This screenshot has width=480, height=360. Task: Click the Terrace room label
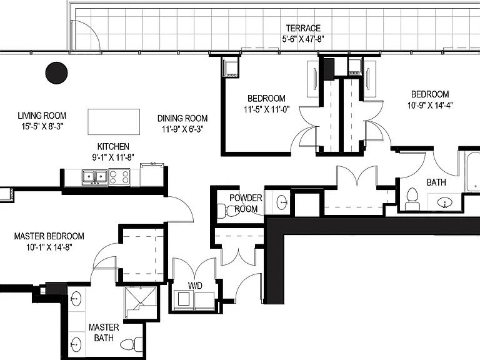(303, 28)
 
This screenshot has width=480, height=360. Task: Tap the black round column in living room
(56, 73)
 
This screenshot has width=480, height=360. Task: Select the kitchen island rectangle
(114, 122)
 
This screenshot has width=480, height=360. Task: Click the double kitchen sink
(94, 177)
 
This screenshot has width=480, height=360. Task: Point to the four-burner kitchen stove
(119, 177)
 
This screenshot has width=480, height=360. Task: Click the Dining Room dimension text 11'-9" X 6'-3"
(182, 129)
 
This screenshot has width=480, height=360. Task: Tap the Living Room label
(42, 116)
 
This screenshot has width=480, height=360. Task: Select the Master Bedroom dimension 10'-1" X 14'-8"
(49, 247)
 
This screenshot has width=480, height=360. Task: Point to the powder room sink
(282, 202)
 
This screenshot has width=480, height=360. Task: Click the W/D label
(195, 286)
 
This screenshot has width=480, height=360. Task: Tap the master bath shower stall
(141, 302)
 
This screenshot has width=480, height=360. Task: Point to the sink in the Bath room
(444, 202)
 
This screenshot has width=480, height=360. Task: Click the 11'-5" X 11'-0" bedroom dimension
(267, 109)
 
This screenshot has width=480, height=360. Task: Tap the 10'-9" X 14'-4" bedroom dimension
(430, 105)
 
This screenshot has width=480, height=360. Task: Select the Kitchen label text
(113, 146)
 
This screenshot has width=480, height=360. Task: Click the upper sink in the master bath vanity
(75, 299)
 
